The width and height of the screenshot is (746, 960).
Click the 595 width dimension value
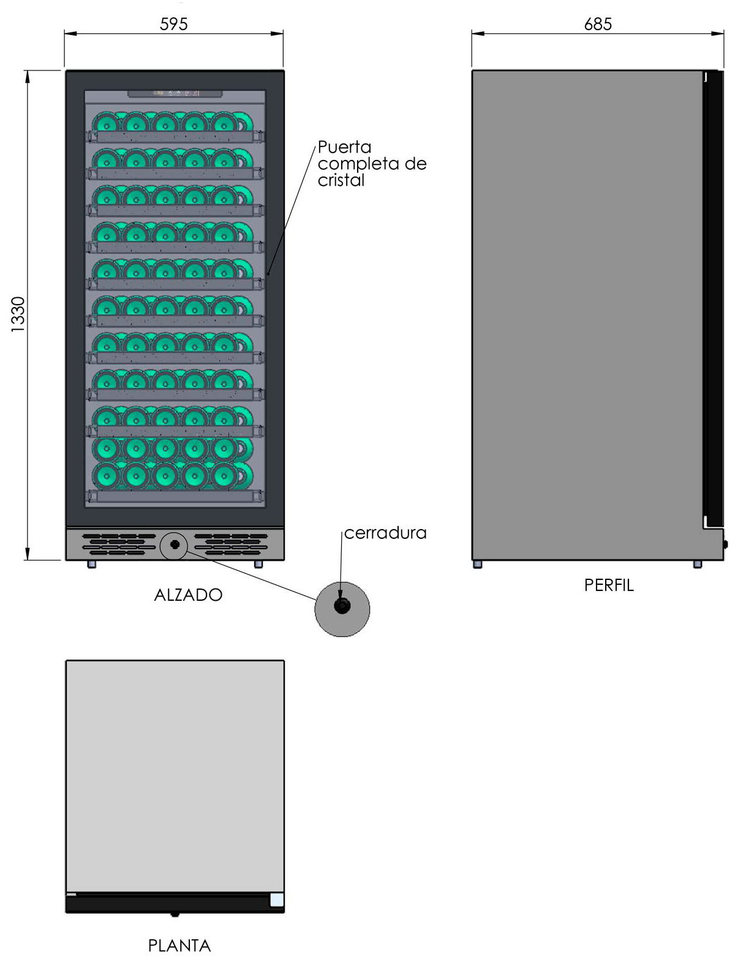coord(173,25)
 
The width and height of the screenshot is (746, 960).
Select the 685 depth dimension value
coord(598,25)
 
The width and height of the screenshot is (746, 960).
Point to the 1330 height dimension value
coord(18,314)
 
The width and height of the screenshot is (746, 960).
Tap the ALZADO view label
coord(188,595)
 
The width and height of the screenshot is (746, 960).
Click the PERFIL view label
coord(609,585)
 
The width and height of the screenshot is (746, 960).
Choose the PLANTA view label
coord(179,945)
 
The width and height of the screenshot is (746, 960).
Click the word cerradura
coord(385,533)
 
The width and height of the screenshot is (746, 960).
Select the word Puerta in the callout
coord(345,147)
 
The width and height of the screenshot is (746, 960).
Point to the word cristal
coord(341,181)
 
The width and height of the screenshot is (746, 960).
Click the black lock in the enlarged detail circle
coord(342,606)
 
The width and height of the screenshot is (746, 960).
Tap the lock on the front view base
coord(175,544)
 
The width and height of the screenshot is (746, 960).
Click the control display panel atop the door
coord(175,94)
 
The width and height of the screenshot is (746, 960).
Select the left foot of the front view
coord(92,564)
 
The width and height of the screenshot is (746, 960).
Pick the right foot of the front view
coord(258,564)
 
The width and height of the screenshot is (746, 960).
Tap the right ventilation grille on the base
coord(232,544)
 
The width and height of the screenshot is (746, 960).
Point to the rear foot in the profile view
coord(478,565)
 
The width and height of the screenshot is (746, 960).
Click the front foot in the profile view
coord(698,565)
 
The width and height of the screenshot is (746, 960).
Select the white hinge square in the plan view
coord(277,900)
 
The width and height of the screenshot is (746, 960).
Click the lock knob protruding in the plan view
coord(175,915)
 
